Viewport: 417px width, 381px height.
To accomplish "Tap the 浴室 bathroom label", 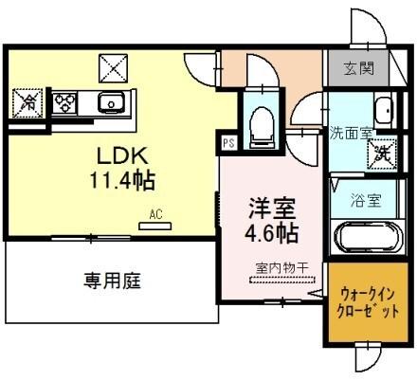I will click(366, 200).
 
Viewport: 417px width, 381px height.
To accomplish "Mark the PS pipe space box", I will click(227, 144).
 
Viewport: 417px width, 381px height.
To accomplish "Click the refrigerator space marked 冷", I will click(27, 101).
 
